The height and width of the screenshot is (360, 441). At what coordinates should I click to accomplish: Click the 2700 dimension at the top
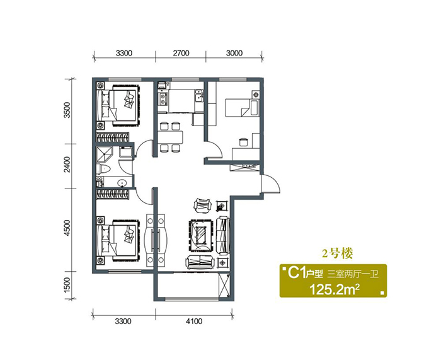tap(181, 53)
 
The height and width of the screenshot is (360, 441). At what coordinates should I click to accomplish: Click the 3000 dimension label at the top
tap(234, 53)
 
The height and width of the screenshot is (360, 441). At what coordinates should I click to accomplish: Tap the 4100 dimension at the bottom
tap(194, 321)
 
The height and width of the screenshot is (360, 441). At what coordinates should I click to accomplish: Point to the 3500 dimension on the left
tap(67, 110)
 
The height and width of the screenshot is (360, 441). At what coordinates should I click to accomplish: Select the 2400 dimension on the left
tap(67, 165)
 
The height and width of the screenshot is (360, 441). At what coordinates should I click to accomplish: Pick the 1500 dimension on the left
tap(67, 285)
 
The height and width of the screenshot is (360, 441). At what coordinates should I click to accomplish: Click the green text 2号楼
tap(337, 254)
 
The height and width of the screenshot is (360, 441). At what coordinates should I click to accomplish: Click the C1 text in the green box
tap(297, 273)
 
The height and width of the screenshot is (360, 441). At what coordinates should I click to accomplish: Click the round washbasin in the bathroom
tap(122, 183)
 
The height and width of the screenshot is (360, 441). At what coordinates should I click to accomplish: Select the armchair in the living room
tap(202, 204)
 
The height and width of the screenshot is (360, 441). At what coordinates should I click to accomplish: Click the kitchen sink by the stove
tap(200, 95)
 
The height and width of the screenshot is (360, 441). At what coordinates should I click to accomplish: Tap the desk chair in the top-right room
tap(243, 142)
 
